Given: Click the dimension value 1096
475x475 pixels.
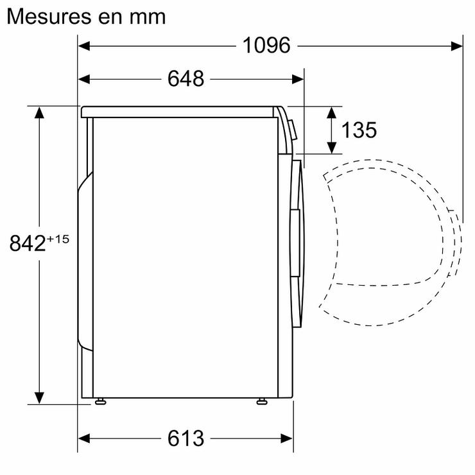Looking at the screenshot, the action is [266, 46].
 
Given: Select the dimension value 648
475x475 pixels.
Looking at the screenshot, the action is [186, 79].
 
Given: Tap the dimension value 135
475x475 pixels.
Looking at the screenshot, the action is [359, 130].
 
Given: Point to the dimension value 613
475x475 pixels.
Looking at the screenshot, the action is [186, 438].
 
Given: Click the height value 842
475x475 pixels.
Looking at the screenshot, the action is [27, 243].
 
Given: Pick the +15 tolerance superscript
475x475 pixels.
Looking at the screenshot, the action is [58, 239].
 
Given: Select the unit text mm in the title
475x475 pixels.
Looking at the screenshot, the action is [148, 17].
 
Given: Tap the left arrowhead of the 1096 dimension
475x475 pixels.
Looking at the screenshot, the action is [84, 46].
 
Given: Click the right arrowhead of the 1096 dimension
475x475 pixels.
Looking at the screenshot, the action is [456, 46].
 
